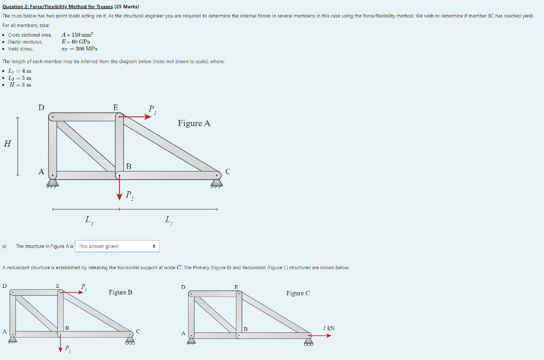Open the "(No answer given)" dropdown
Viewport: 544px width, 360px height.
(118, 246)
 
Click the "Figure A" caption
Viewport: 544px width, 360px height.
(194, 123)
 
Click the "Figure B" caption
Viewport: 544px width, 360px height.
(121, 292)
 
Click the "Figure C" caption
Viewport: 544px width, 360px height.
(297, 293)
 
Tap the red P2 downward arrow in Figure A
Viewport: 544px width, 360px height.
(120, 190)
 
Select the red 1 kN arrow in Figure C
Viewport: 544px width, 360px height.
(321, 335)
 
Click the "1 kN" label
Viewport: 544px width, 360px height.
(329, 328)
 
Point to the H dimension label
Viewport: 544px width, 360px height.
(7, 143)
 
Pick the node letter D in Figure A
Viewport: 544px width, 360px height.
(41, 108)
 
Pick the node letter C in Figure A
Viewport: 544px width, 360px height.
(228, 172)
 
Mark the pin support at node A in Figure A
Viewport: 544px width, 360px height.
(52, 183)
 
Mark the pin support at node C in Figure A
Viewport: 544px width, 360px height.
(217, 183)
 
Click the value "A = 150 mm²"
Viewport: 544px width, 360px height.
(78, 35)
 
